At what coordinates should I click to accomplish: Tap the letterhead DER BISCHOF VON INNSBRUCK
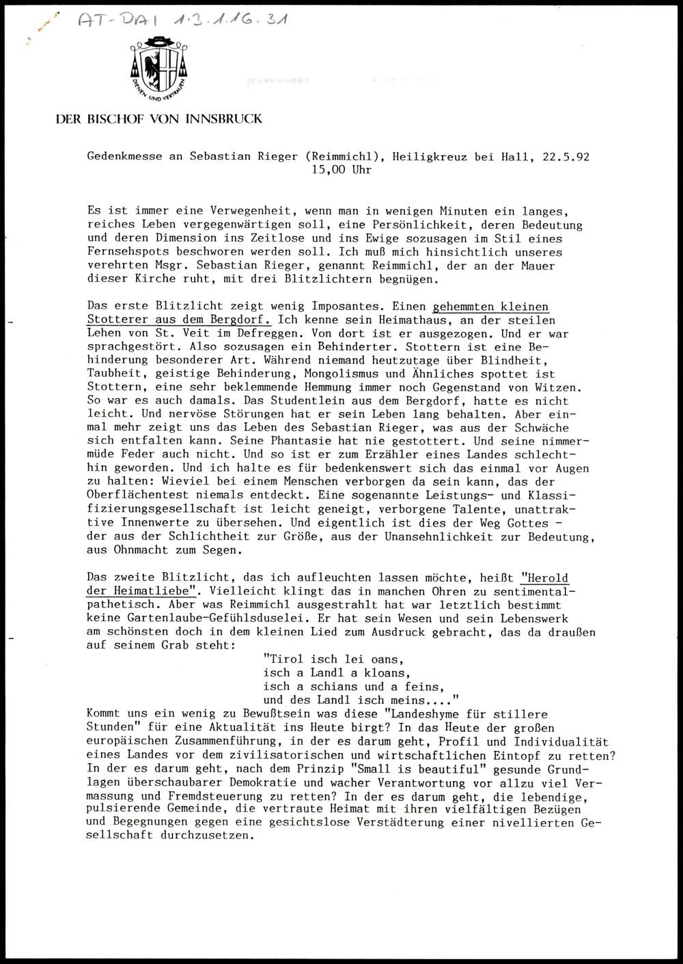coord(158,119)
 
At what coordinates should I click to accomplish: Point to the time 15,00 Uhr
coord(341,170)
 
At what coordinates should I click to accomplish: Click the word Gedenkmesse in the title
coord(125,156)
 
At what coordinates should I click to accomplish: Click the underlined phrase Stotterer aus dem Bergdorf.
coord(179,320)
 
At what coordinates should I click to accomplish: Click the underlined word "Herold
coord(544,578)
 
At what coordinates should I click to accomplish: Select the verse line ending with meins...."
coord(359,700)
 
